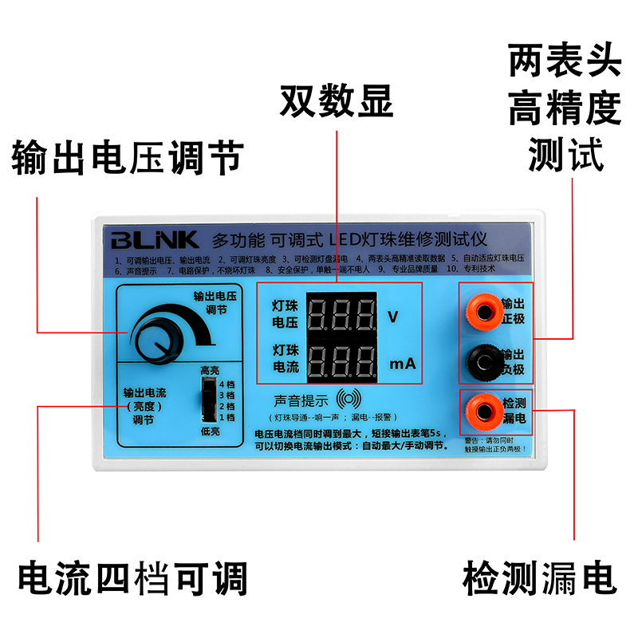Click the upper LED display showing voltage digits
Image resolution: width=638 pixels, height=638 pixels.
coord(341,316)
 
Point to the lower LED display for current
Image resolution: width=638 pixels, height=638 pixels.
coord(341,364)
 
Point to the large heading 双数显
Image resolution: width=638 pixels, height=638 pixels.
coord(336,101)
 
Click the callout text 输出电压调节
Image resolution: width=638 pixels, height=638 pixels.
coord(127,157)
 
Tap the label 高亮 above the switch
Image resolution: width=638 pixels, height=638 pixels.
coord(210,371)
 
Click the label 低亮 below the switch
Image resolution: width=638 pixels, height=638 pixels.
coord(210,431)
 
